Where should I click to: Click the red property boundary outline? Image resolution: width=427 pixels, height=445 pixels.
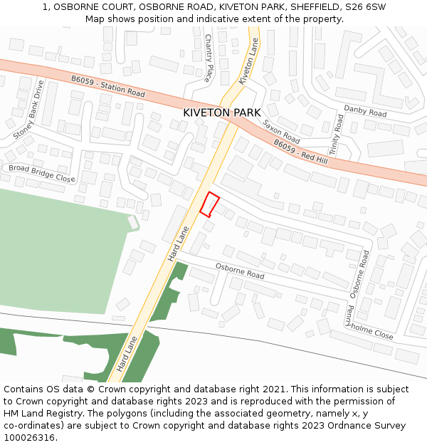209,204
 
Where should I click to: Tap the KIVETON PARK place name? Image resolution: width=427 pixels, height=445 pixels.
221,112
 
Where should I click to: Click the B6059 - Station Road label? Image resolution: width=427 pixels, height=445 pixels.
107,88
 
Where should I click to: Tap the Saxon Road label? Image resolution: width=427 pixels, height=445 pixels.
281,131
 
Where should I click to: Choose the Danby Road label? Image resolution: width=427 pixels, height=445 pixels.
364,111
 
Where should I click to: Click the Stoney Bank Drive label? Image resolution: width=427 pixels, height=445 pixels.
28,110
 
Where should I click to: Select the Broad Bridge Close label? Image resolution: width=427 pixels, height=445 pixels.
41,174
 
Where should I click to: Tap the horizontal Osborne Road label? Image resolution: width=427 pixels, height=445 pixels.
240,271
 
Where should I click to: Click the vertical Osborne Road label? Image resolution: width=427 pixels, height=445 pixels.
358,273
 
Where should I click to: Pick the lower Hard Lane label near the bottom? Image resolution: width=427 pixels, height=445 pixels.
127,353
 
